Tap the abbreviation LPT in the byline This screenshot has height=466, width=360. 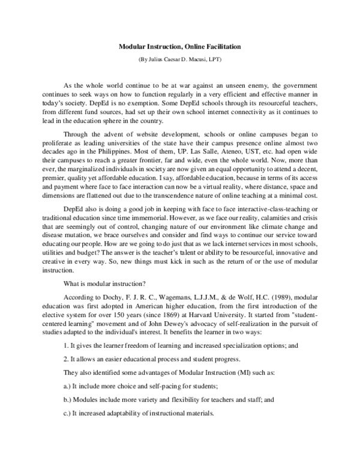click(214, 59)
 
